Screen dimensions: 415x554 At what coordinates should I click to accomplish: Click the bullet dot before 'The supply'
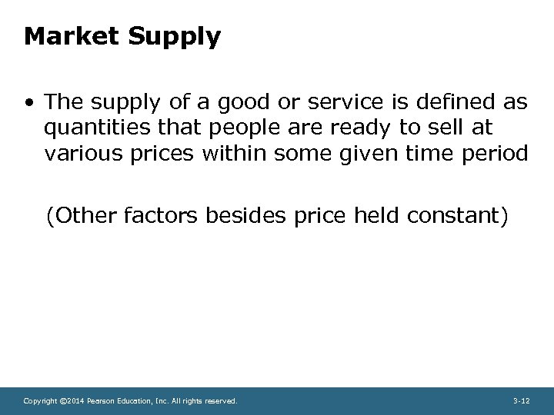28,101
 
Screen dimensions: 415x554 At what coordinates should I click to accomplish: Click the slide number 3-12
521,401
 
